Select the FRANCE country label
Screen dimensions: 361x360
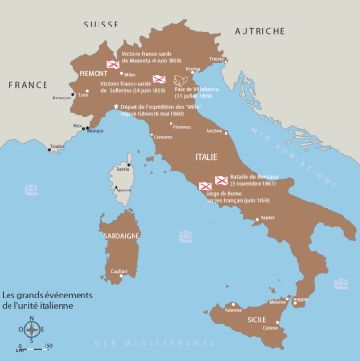coord(28,84)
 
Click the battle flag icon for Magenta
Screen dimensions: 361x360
coord(111,63)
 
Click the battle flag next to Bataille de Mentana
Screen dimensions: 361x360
coord(221,180)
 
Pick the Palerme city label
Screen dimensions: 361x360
coord(233,309)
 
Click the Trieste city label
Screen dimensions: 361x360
coord(244,60)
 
